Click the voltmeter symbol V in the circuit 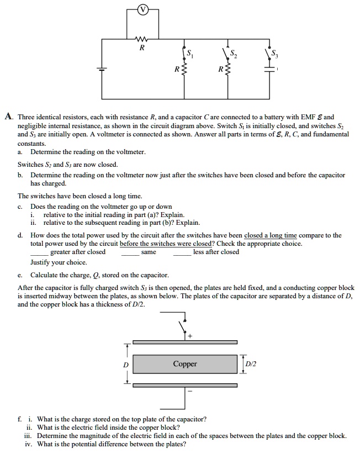coord(143,9)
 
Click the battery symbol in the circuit coord(100,69)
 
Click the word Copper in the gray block coord(184,364)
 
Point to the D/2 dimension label coord(252,363)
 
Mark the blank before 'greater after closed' coord(39,253)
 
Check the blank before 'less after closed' coord(182,253)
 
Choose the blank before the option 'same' coord(130,253)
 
